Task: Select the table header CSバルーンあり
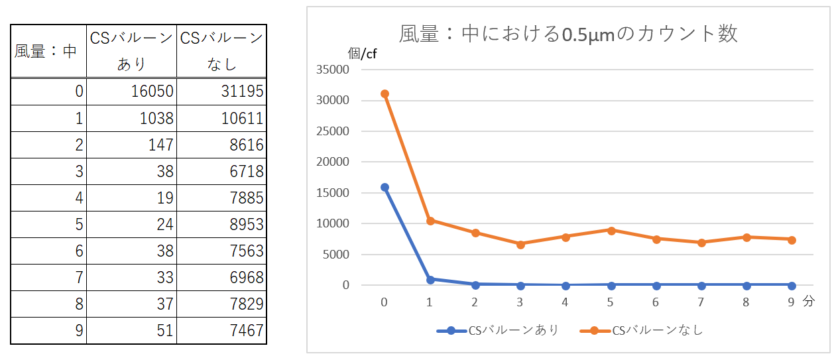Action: pos(131,51)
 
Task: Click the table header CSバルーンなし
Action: pos(221,51)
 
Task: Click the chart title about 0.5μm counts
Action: pos(568,34)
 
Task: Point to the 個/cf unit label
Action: pos(362,54)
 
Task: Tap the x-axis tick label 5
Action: pos(611,302)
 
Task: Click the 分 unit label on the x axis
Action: pos(808,301)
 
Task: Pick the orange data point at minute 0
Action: pos(385,94)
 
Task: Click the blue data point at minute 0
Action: pos(385,188)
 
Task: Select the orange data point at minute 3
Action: pos(520,244)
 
